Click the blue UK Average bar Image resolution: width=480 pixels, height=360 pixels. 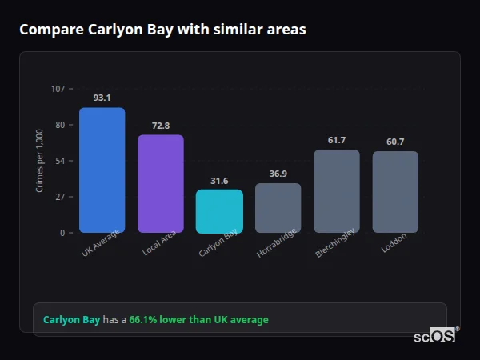pyautogui.click(x=102, y=170)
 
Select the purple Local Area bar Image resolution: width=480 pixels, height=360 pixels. pyautogui.click(x=161, y=184)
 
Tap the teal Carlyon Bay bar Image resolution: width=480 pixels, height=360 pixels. pyautogui.click(x=219, y=211)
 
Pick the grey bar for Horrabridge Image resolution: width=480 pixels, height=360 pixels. pyautogui.click(x=278, y=208)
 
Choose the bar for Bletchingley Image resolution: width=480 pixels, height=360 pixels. pyautogui.click(x=337, y=191)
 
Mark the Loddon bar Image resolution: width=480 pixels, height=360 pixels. pyautogui.click(x=395, y=192)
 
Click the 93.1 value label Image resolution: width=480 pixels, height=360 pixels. pyautogui.click(x=102, y=98)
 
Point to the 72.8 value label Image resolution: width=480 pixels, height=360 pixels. pyautogui.click(x=161, y=126)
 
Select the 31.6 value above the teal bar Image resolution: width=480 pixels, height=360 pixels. pyautogui.click(x=219, y=181)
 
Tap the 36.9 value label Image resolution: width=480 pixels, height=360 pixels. pyautogui.click(x=278, y=174)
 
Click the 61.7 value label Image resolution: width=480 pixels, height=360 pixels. pyautogui.click(x=337, y=140)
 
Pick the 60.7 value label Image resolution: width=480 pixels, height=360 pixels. pyautogui.click(x=395, y=142)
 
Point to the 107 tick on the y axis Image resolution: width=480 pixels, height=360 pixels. pyautogui.click(x=58, y=89)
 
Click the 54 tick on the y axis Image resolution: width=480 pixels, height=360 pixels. pyautogui.click(x=60, y=161)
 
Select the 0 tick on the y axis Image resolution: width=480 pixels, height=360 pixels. pyautogui.click(x=62, y=233)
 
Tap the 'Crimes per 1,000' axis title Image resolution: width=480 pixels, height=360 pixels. pyautogui.click(x=39, y=161)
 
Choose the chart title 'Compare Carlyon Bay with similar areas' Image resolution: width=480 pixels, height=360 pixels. pyautogui.click(x=162, y=30)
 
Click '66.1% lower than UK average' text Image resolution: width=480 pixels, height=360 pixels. pyautogui.click(x=198, y=320)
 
